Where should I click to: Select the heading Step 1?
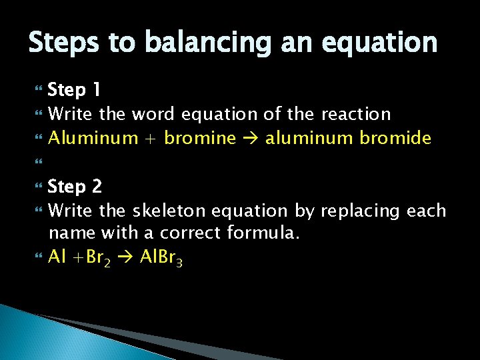click(x=75, y=90)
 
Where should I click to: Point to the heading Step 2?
click(x=75, y=186)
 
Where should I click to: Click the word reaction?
click(x=356, y=114)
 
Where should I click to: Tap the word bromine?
click(x=200, y=139)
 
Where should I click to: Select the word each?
click(x=426, y=211)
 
